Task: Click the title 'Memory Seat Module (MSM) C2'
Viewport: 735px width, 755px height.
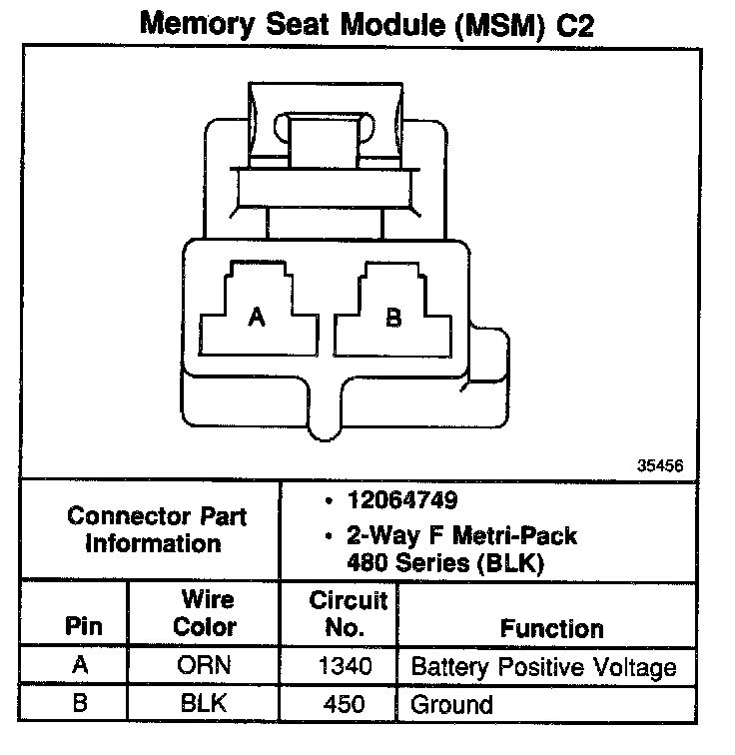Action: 367,24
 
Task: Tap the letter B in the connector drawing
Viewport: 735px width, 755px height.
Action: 393,318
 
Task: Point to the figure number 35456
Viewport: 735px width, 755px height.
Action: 660,465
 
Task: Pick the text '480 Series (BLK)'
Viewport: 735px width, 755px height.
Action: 443,562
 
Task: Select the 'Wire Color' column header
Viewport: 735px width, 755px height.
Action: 206,614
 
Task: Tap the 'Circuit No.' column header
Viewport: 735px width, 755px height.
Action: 348,614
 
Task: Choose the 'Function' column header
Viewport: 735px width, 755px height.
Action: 551,629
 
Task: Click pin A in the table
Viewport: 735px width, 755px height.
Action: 81,667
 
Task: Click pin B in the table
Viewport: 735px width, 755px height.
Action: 81,703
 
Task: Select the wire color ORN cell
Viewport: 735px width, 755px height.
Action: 205,667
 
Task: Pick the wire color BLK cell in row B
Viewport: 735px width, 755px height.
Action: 205,703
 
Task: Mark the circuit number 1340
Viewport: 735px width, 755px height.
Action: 346,667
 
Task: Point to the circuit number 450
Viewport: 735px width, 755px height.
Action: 346,703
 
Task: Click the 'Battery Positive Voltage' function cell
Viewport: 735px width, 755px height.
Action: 543,667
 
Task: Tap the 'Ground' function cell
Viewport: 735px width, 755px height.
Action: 451,704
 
